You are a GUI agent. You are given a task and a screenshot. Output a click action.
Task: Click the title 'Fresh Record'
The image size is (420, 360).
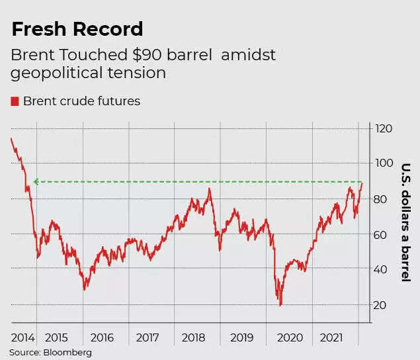[77, 29]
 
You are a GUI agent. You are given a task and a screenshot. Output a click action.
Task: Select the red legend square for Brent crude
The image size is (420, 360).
[15, 101]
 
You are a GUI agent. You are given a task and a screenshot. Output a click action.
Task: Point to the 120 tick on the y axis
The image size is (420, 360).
[384, 128]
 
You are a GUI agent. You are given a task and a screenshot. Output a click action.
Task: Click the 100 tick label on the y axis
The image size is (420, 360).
[384, 163]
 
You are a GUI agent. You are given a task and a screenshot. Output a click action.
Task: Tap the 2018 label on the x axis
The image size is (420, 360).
[194, 337]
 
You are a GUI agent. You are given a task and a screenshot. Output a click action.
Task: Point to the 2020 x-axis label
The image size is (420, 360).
[289, 337]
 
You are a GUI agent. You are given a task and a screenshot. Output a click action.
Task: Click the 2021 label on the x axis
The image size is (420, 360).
[331, 337]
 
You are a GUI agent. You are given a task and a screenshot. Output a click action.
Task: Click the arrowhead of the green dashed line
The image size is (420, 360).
[36, 181]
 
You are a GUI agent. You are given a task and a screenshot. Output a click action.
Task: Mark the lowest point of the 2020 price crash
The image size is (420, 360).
[281, 305]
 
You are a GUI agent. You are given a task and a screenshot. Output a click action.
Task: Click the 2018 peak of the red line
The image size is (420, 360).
[209, 189]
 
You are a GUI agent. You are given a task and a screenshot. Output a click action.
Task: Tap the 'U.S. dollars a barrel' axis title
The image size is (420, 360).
[406, 222]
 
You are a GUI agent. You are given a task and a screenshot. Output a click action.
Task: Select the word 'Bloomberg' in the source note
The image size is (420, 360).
[68, 353]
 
